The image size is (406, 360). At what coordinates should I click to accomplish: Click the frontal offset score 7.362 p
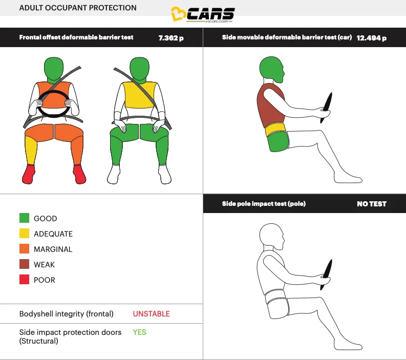pos(171,38)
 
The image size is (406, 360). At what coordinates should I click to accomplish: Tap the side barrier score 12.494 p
pos(372,38)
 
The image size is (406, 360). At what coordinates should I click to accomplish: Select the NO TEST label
pos(371,204)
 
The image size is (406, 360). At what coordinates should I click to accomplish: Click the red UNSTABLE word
pos(151,314)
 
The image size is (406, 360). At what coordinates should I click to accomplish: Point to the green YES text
pos(139,332)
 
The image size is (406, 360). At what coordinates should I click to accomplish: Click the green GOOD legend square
pos(24,219)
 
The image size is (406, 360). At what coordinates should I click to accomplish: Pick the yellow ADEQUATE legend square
pos(24,234)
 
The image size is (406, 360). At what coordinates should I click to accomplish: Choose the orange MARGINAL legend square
pos(24,249)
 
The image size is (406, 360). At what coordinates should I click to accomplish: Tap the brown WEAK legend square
pos(24,265)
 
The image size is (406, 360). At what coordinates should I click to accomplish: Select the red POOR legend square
pos(24,280)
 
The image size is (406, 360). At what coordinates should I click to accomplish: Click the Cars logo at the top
pos(203,15)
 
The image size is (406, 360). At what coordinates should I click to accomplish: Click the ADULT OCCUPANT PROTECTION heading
pos(78,8)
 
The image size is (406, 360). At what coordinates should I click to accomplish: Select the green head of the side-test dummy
pos(271,70)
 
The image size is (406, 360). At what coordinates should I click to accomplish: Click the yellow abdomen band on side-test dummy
pos(274,130)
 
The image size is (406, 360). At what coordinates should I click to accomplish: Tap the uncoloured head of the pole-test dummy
pos(271,236)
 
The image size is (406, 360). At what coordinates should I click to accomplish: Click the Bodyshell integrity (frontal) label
pos(67,314)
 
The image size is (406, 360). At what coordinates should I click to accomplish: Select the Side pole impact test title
pos(264,204)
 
